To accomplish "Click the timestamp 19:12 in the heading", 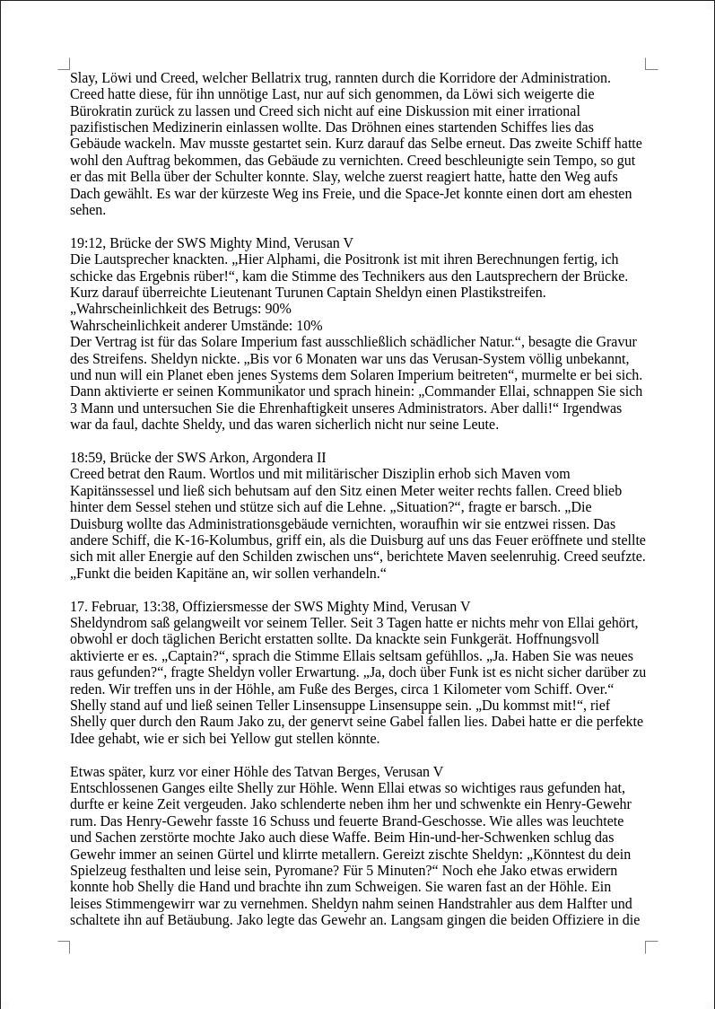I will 86,243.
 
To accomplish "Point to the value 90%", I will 278,309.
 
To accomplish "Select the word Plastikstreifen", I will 503,293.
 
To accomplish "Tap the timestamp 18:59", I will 86,458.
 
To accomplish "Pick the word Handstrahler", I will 439,904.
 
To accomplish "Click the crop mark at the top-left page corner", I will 65,64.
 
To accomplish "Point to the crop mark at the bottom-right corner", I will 651,946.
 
